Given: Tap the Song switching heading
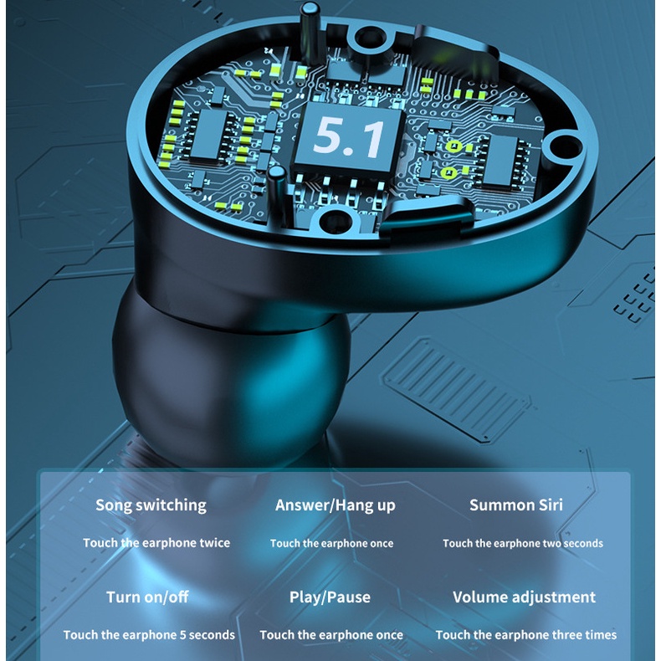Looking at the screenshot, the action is [x=151, y=505].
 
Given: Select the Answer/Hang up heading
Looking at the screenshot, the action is [x=335, y=505].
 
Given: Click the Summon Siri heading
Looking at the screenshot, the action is [x=515, y=505].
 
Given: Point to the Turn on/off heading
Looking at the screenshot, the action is [x=147, y=597].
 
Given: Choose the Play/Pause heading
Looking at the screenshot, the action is [x=330, y=597].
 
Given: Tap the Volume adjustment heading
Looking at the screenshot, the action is [x=524, y=597].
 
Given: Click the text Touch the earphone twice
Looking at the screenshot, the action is [x=156, y=543].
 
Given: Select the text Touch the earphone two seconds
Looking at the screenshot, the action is [x=522, y=543].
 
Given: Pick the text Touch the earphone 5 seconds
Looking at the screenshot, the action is [x=149, y=635].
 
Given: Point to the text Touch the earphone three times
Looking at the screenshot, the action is [x=525, y=635].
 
